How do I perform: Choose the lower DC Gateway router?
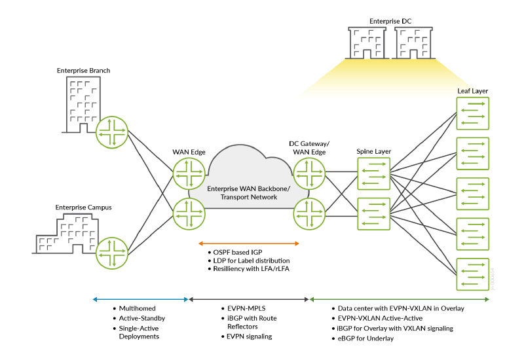coord(309,211)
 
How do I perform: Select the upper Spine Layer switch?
coord(373,175)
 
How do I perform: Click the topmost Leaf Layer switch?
coord(472,113)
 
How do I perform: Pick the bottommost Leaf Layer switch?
coord(472,275)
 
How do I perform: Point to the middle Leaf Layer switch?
coord(472,194)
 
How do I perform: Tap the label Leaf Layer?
coord(472,90)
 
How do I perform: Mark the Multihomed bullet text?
coord(136,308)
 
